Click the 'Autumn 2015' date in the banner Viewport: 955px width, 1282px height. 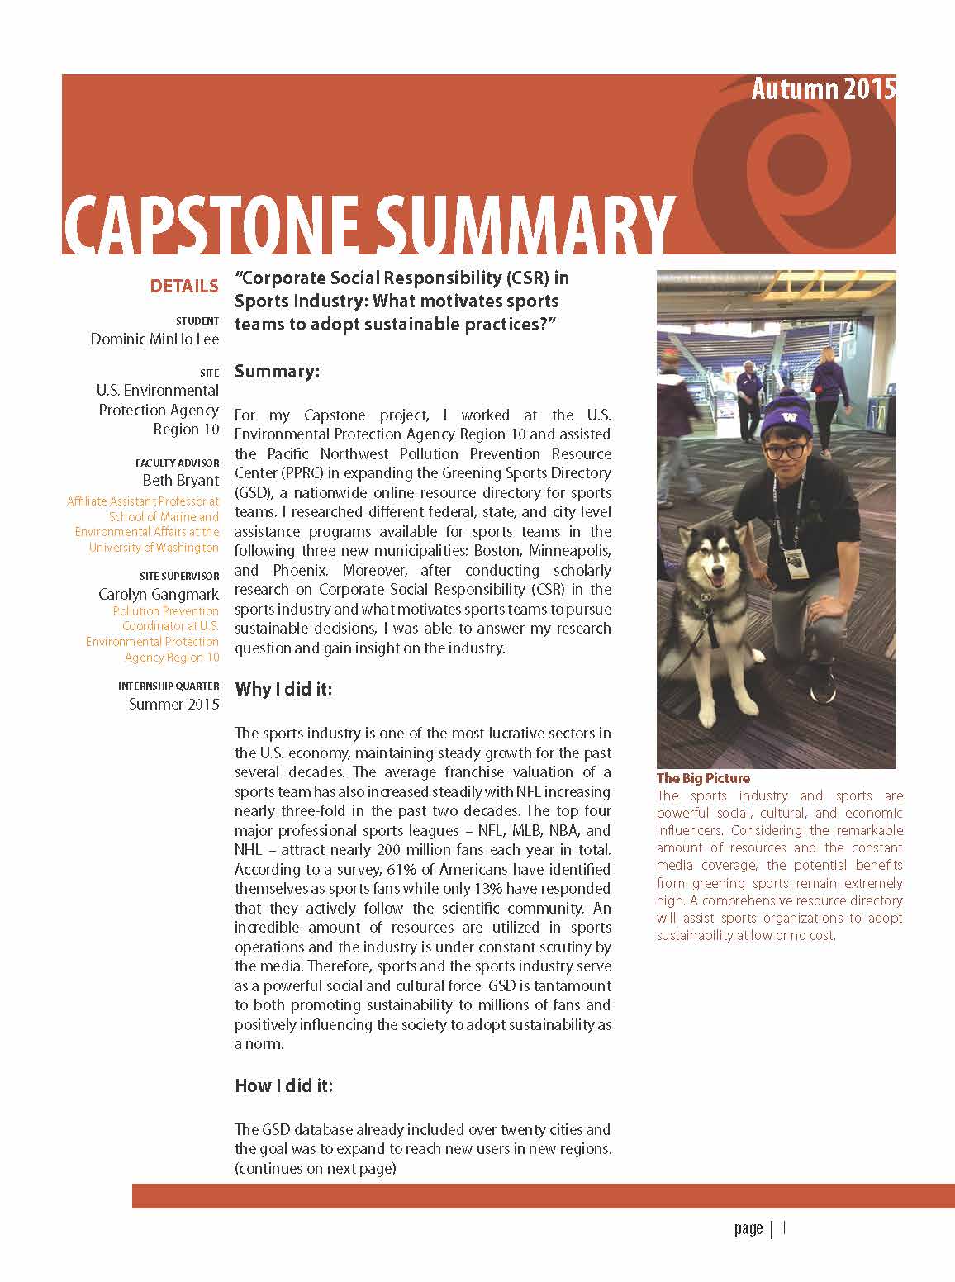[x=822, y=89]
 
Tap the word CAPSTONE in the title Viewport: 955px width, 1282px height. [x=210, y=224]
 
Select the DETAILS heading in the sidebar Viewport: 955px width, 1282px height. [x=184, y=287]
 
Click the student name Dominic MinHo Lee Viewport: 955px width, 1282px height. [x=155, y=339]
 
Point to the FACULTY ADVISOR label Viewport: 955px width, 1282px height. [x=178, y=463]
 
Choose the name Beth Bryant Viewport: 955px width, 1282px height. [x=181, y=481]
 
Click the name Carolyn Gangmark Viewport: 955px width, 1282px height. [x=159, y=595]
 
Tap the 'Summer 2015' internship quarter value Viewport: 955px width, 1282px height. [x=174, y=705]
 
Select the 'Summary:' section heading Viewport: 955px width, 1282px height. [x=277, y=372]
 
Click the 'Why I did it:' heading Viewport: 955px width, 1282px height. [x=283, y=689]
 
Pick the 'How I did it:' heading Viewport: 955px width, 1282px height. [x=284, y=1085]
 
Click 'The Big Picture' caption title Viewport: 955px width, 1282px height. [x=703, y=778]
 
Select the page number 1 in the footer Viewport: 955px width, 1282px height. [x=784, y=1228]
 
